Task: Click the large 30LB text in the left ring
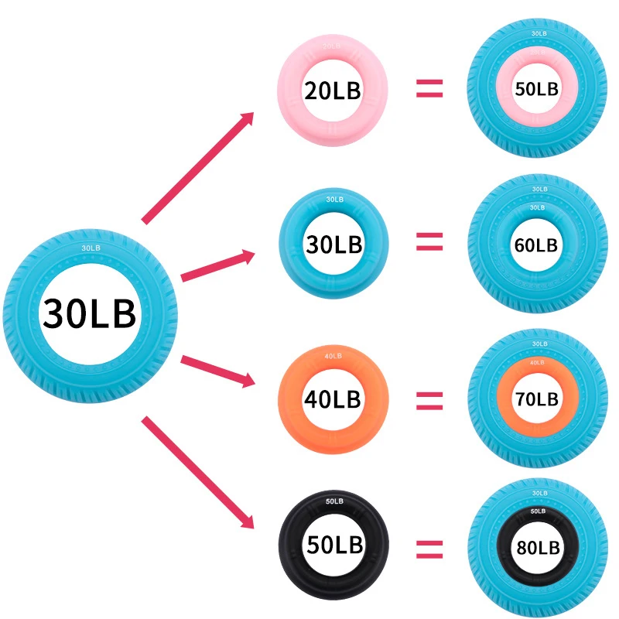[x=90, y=314]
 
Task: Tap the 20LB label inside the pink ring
[x=333, y=91]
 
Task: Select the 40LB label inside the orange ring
[x=333, y=399]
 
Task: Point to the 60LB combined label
[x=536, y=245]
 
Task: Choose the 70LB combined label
[x=536, y=399]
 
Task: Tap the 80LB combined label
[x=536, y=547]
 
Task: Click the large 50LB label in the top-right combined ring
[x=536, y=89]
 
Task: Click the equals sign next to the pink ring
[x=429, y=91]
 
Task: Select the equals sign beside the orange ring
[x=429, y=400]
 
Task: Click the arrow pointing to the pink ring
[x=198, y=167]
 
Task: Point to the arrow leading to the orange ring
[x=217, y=370]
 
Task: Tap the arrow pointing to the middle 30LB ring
[x=217, y=266]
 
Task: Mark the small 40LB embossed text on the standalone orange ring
[x=333, y=356]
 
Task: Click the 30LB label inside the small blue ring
[x=333, y=245]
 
